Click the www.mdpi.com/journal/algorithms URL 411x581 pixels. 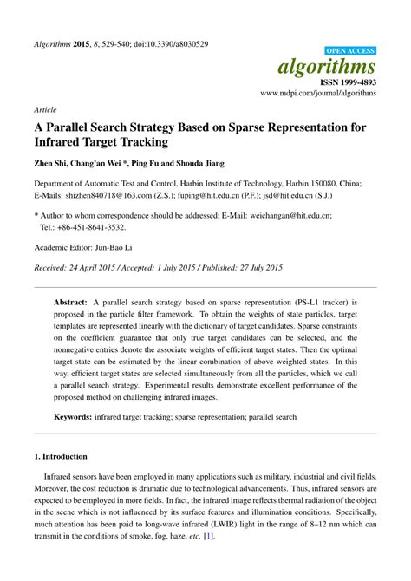click(x=318, y=92)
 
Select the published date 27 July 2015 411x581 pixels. click(x=253, y=267)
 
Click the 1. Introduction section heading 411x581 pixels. click(x=60, y=455)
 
